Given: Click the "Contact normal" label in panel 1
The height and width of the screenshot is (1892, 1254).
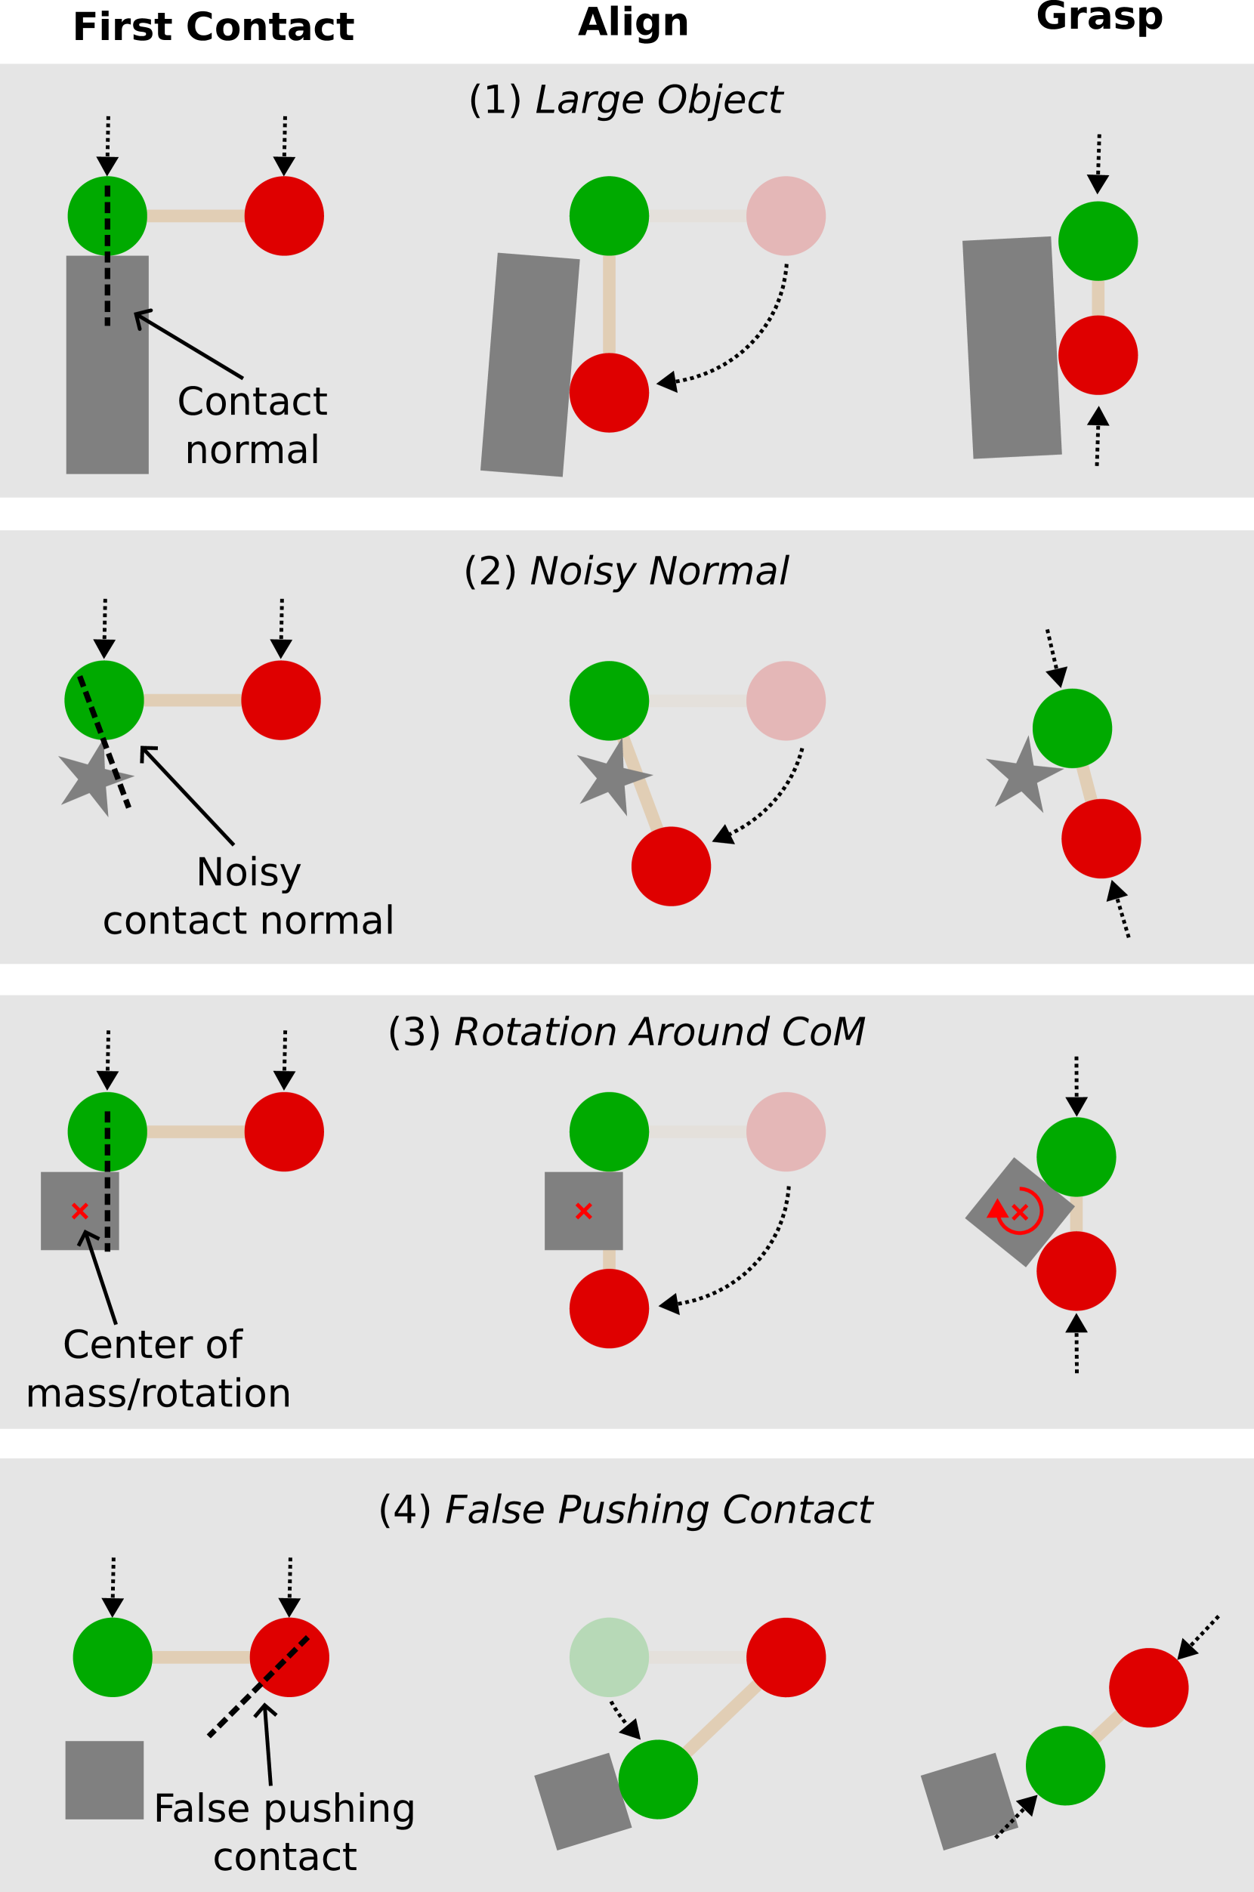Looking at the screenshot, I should point(252,425).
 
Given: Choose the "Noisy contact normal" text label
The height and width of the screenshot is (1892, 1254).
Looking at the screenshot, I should point(249,897).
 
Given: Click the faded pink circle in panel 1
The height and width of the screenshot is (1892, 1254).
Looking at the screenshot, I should point(786,216).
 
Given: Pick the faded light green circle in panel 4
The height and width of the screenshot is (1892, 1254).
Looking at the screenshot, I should point(609,1658).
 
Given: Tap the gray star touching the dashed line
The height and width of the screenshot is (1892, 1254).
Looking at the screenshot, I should point(92,777).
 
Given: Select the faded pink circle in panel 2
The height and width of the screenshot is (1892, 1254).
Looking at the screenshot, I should point(786,700).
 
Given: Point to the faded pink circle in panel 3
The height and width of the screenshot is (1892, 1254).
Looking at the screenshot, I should point(786,1131).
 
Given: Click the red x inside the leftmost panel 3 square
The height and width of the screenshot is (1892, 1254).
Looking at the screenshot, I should point(79,1211).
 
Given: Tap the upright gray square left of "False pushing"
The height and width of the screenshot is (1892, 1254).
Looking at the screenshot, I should point(104,1780).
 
